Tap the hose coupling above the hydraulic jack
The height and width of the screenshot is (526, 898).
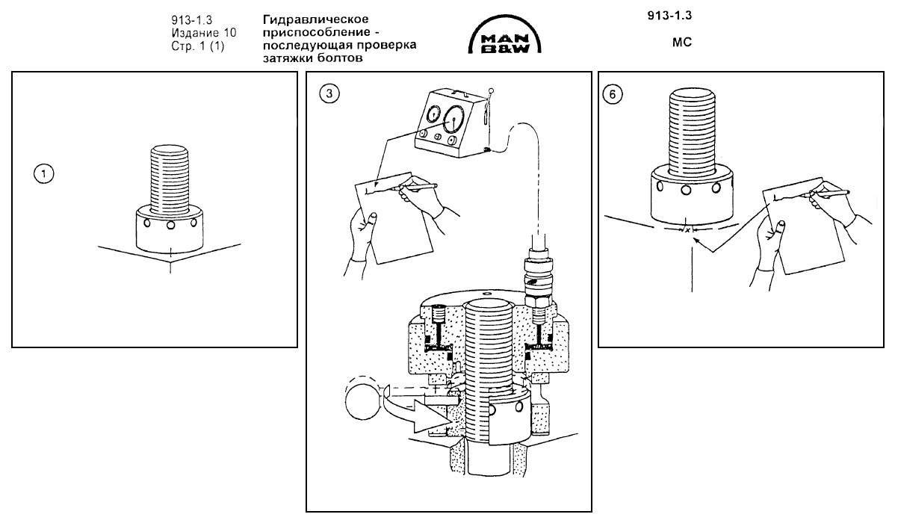539,279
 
